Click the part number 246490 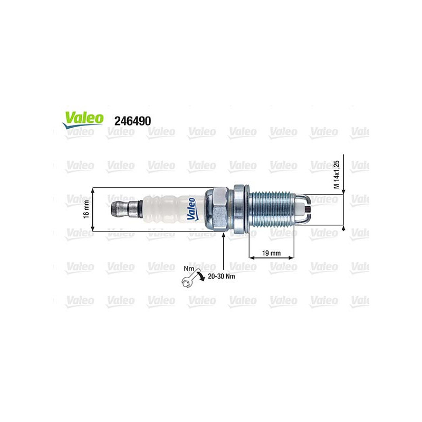132,121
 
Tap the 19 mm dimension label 272,253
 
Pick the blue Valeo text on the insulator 192,209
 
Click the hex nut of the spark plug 217,209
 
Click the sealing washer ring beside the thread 240,209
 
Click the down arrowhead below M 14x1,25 344,191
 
